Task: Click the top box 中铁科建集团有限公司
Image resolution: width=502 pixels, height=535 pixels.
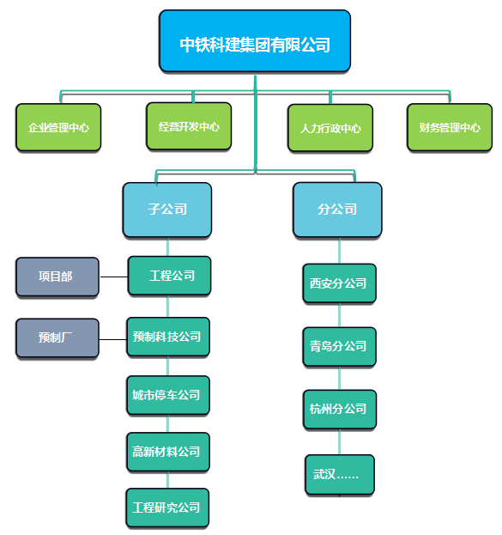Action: pos(255,41)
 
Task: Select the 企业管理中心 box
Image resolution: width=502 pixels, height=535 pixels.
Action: pos(58,127)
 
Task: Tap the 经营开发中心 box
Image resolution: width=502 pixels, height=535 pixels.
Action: pos(189,126)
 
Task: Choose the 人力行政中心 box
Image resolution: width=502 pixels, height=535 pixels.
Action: pos(330,128)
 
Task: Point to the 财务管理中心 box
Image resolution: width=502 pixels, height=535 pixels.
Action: pos(450,127)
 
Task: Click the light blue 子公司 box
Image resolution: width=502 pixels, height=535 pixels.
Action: pos(167,210)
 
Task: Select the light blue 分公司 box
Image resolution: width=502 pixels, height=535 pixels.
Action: pos(337,210)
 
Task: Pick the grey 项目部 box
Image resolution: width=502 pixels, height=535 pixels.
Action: pos(57,277)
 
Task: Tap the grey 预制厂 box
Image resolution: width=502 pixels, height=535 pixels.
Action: pos(57,337)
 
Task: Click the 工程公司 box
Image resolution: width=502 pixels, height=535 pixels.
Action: pos(169,276)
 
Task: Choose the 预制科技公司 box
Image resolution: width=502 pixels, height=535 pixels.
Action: pos(168,337)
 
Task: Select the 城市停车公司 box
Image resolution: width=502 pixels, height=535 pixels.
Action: pos(168,395)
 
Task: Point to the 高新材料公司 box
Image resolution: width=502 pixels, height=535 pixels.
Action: pos(168,452)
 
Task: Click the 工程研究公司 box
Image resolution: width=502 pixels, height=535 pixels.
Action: pos(167,508)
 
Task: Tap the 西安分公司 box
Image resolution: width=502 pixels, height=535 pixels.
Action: pos(339,283)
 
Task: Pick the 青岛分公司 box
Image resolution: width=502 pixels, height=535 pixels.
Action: pos(339,346)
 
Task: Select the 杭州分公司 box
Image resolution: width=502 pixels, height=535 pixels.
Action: pos(340,409)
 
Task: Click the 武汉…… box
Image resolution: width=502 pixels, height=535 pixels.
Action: pos(340,474)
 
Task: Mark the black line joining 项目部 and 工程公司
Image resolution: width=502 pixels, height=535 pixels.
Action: pos(113,277)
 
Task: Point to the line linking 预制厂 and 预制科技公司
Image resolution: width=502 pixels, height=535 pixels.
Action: pos(113,339)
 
